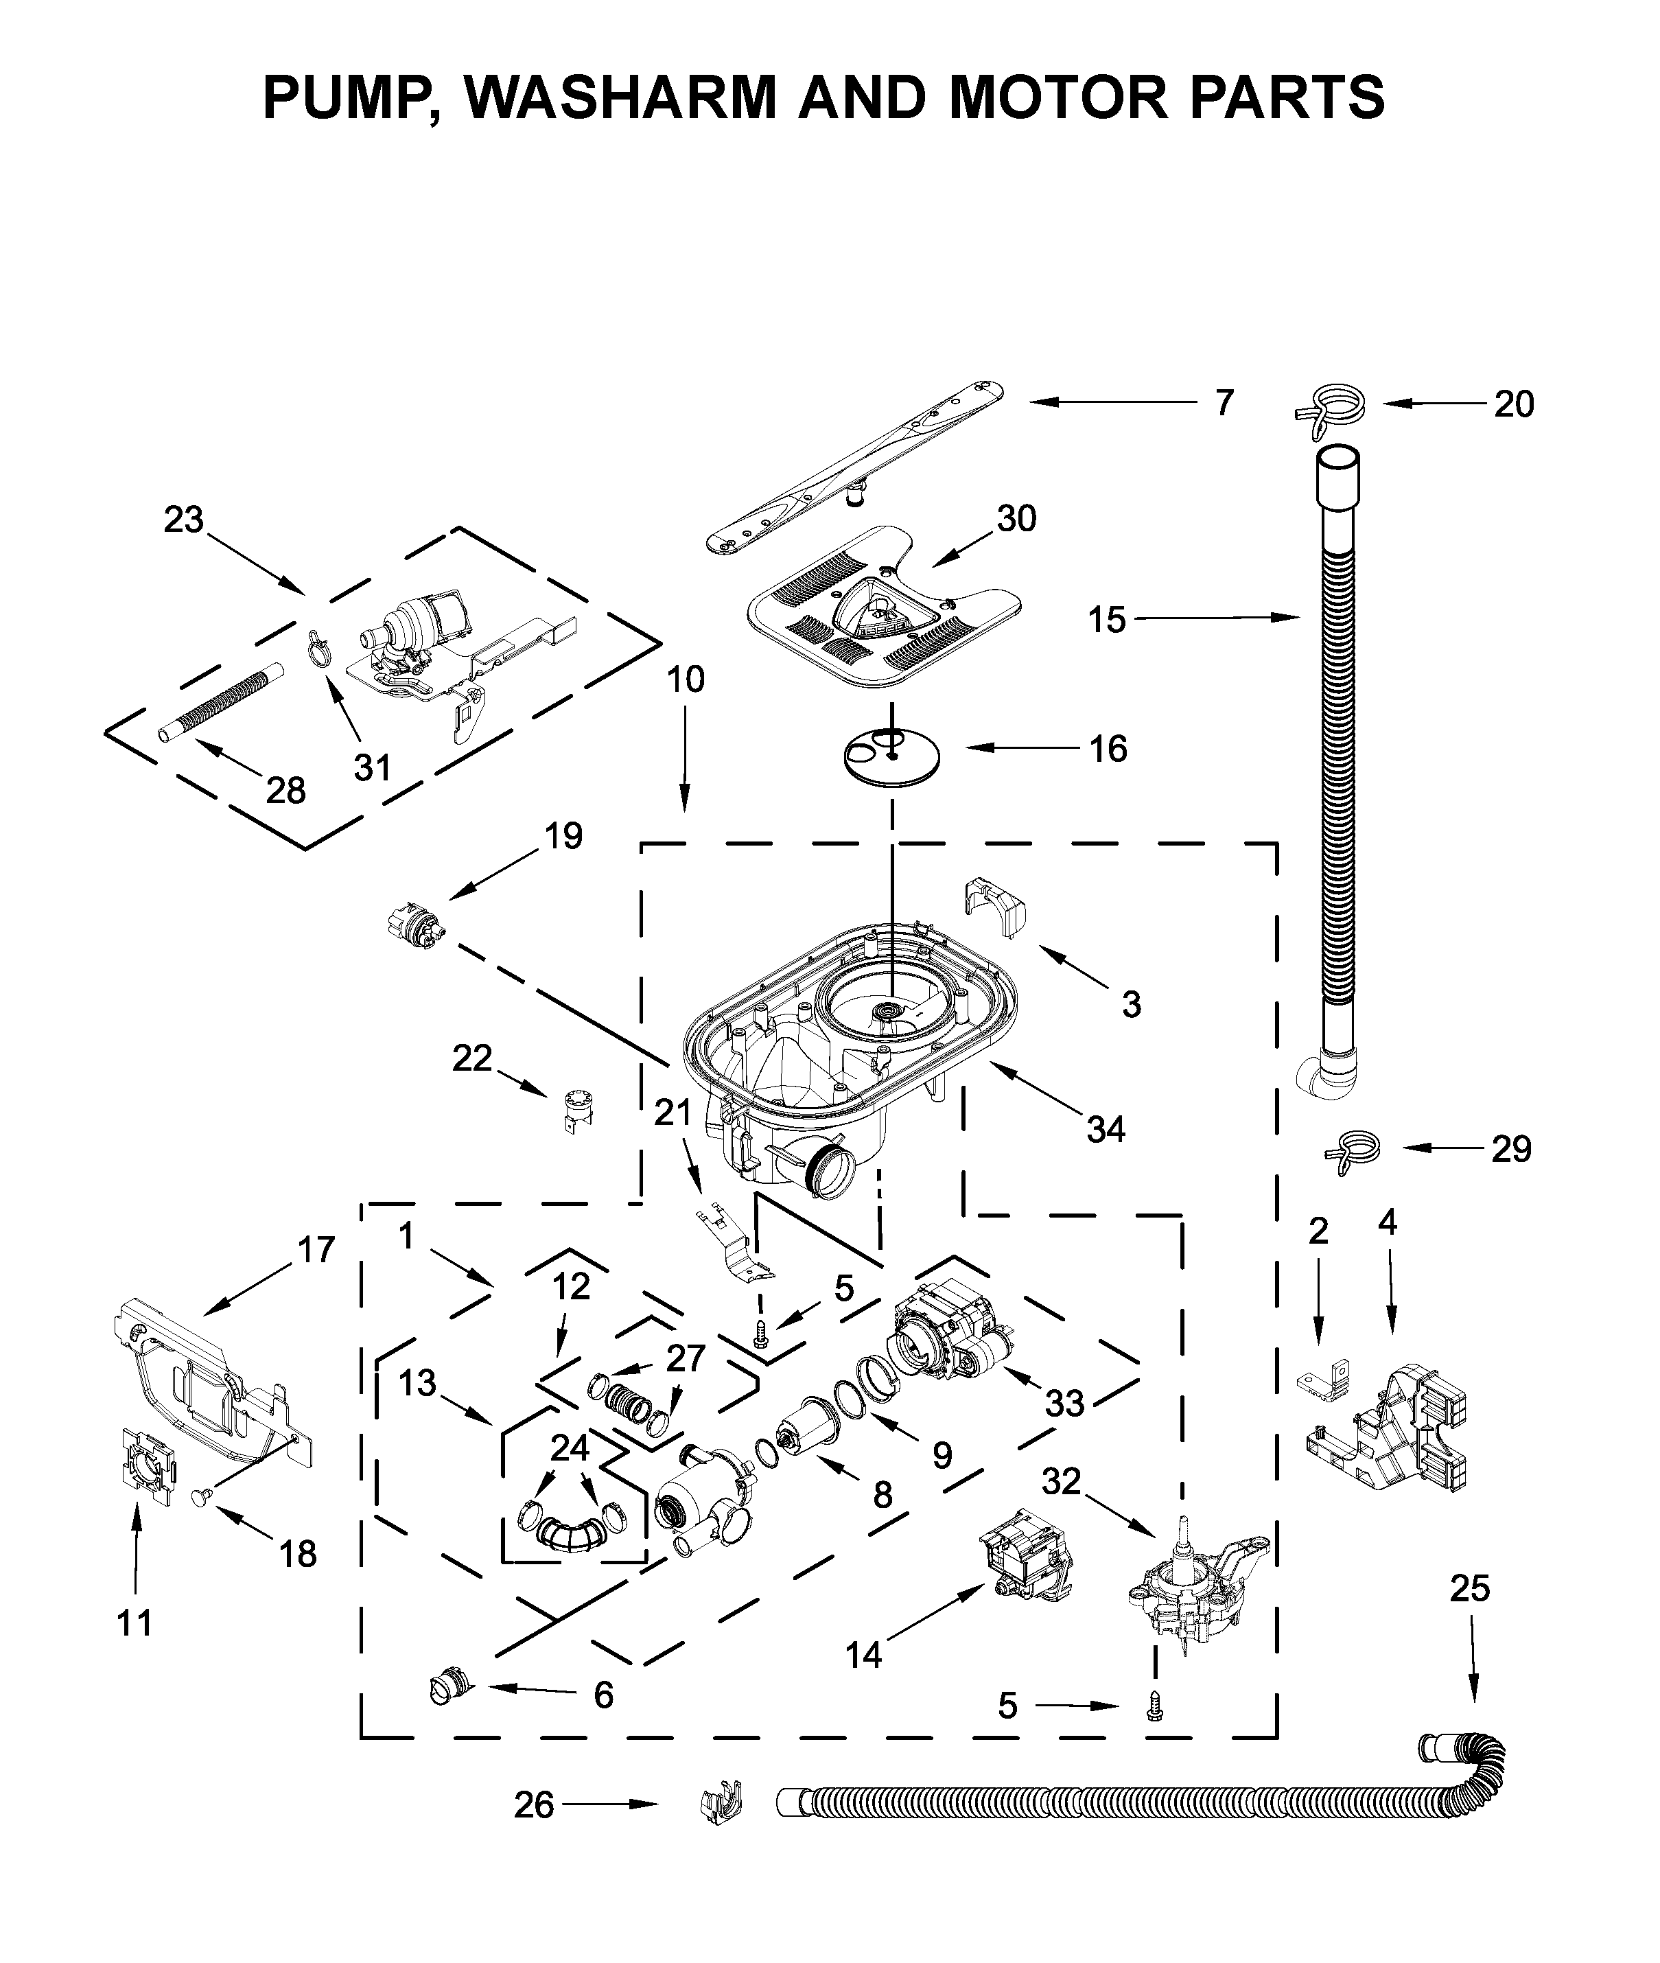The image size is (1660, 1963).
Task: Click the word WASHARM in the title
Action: [x=620, y=97]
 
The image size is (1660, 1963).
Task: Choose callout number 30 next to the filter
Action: [x=1016, y=518]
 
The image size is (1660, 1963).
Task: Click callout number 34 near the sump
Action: [x=1106, y=1129]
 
